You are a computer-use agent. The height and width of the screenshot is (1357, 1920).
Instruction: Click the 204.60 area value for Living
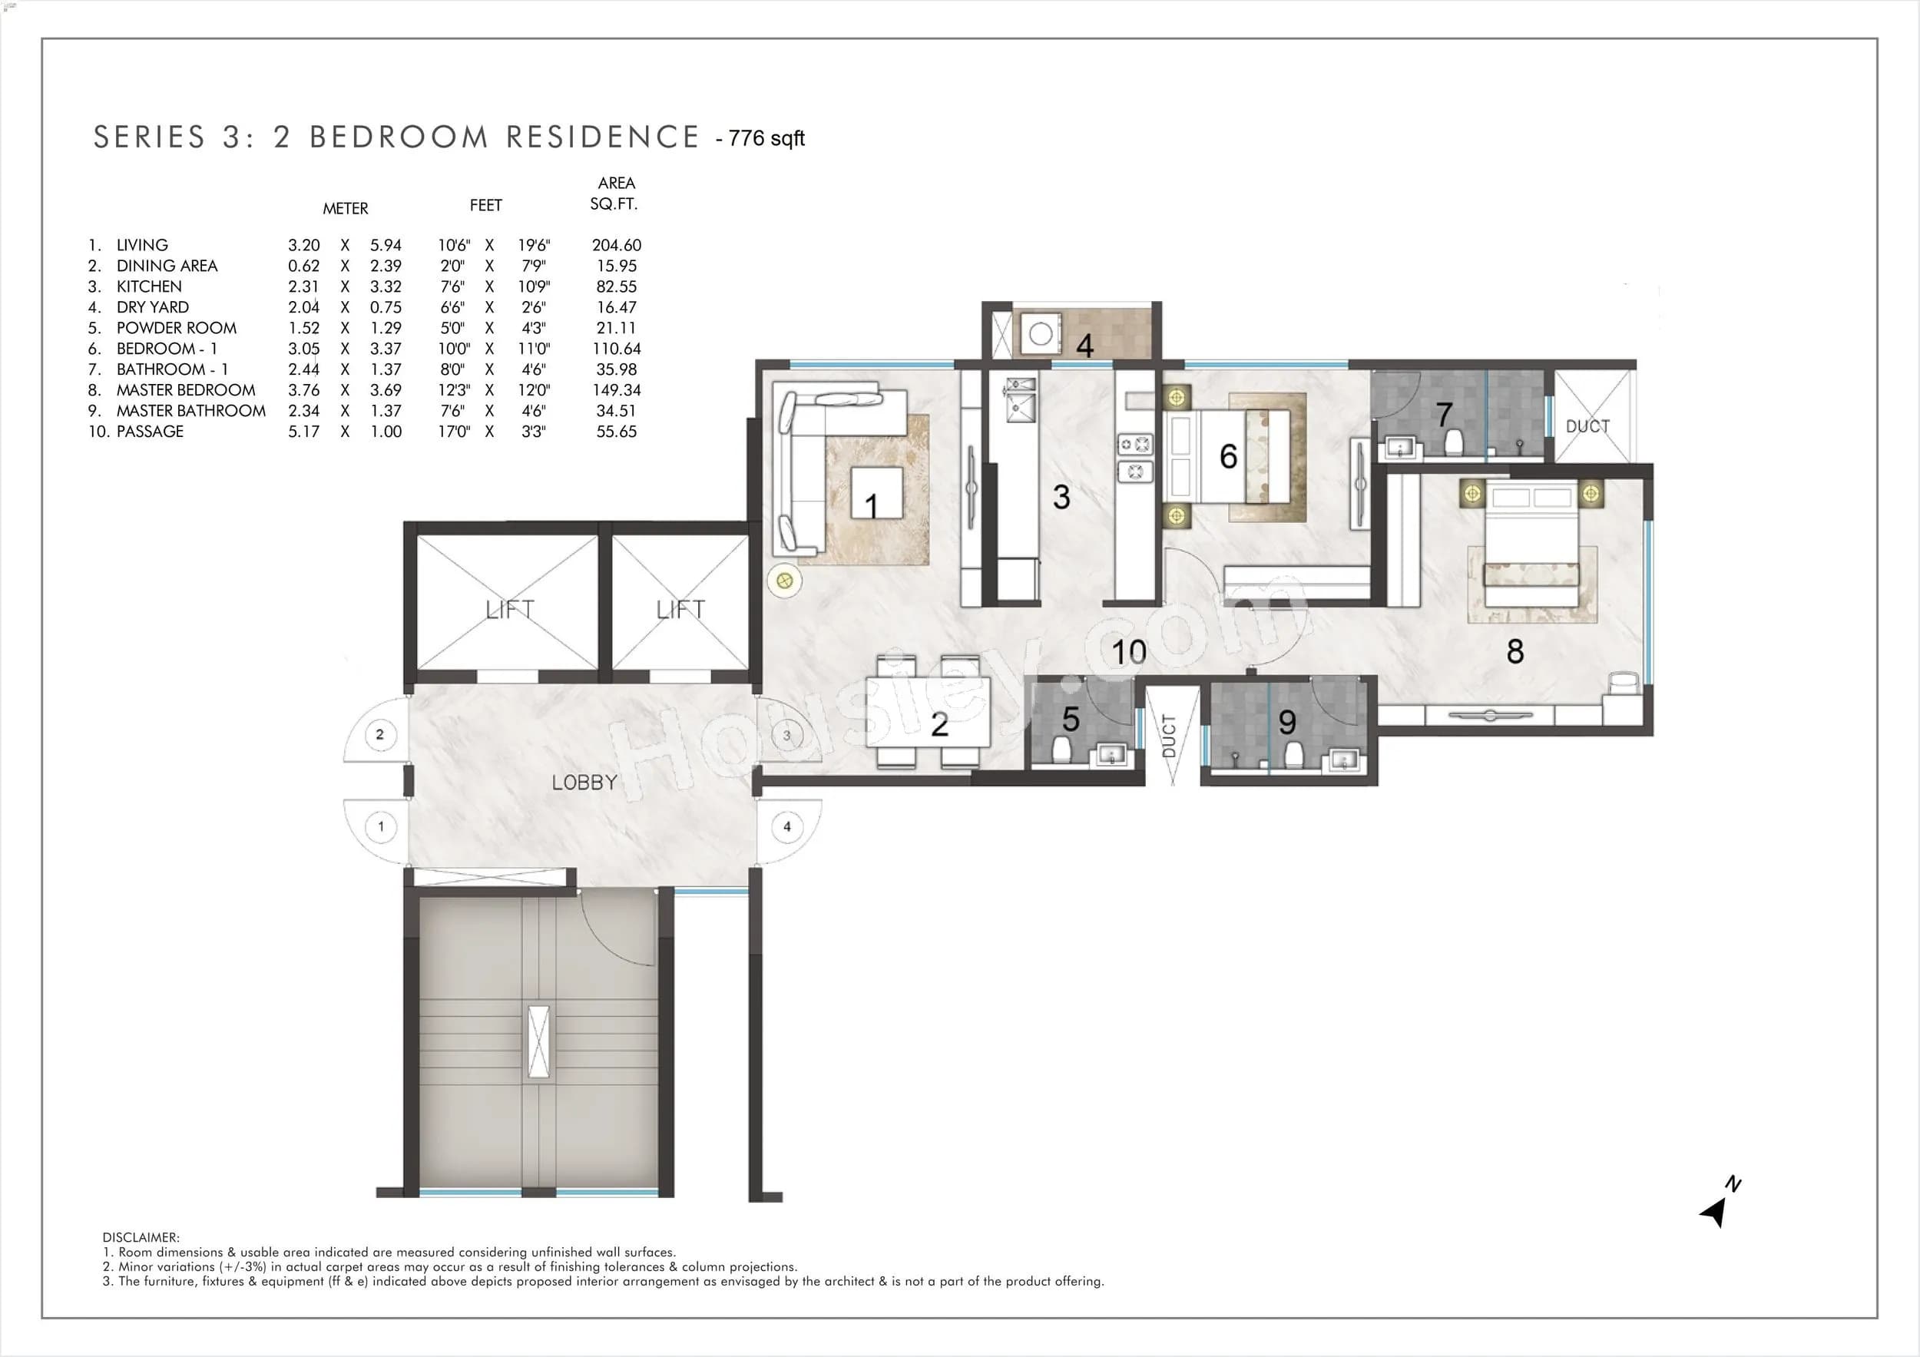[x=616, y=245]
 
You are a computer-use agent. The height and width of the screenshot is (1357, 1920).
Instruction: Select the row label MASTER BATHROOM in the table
[x=190, y=411]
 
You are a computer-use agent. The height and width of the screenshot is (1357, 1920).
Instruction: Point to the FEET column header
[x=486, y=206]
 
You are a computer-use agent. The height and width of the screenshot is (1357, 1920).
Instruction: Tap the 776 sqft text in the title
[x=766, y=139]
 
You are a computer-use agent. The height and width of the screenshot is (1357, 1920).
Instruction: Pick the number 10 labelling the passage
[x=1128, y=652]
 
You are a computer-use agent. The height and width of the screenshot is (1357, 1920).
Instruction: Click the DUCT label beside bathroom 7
[x=1587, y=426]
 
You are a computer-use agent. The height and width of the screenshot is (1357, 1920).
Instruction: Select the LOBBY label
[x=584, y=783]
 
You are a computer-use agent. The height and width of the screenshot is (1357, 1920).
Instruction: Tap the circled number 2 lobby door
[x=379, y=734]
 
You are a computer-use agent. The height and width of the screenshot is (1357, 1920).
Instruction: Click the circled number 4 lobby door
[x=787, y=826]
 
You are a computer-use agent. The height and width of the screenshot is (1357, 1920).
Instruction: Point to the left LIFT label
[x=509, y=610]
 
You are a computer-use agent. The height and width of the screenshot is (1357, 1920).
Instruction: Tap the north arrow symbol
[x=1716, y=1209]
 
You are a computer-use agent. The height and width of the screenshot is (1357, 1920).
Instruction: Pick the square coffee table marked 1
[x=876, y=493]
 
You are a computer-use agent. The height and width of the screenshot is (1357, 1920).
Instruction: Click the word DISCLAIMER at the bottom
[x=141, y=1237]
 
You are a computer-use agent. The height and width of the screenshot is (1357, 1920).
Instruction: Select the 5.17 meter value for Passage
[x=303, y=432]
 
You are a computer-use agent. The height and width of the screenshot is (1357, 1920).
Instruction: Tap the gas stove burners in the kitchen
[x=1135, y=458]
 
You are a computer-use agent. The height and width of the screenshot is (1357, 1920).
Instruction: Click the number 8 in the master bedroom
[x=1514, y=651]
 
